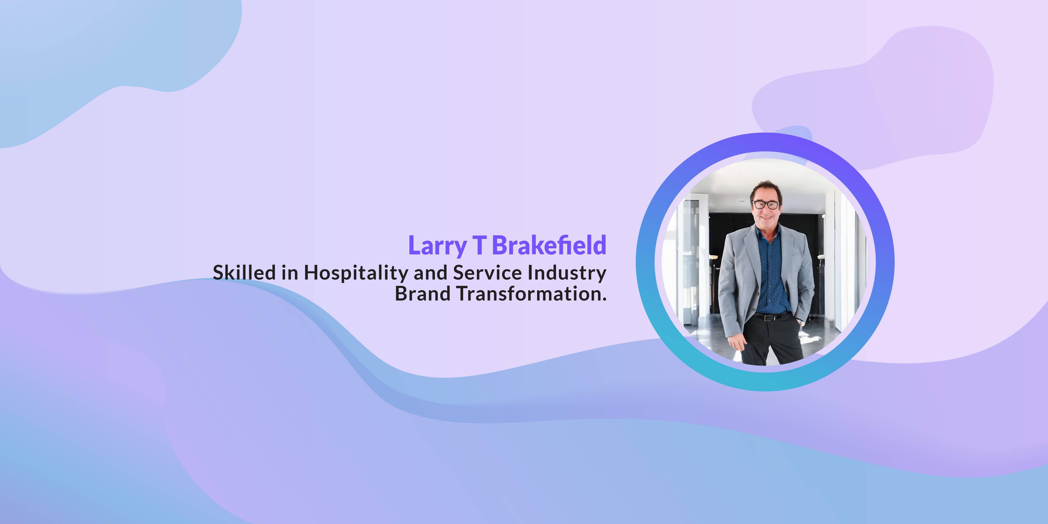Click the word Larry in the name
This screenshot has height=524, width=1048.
[437, 245]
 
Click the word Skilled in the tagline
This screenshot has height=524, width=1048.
[244, 272]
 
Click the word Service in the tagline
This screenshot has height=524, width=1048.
[487, 272]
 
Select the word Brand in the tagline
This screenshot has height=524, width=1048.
[422, 293]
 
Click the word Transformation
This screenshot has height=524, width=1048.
[528, 293]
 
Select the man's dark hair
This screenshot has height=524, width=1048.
[766, 189]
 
